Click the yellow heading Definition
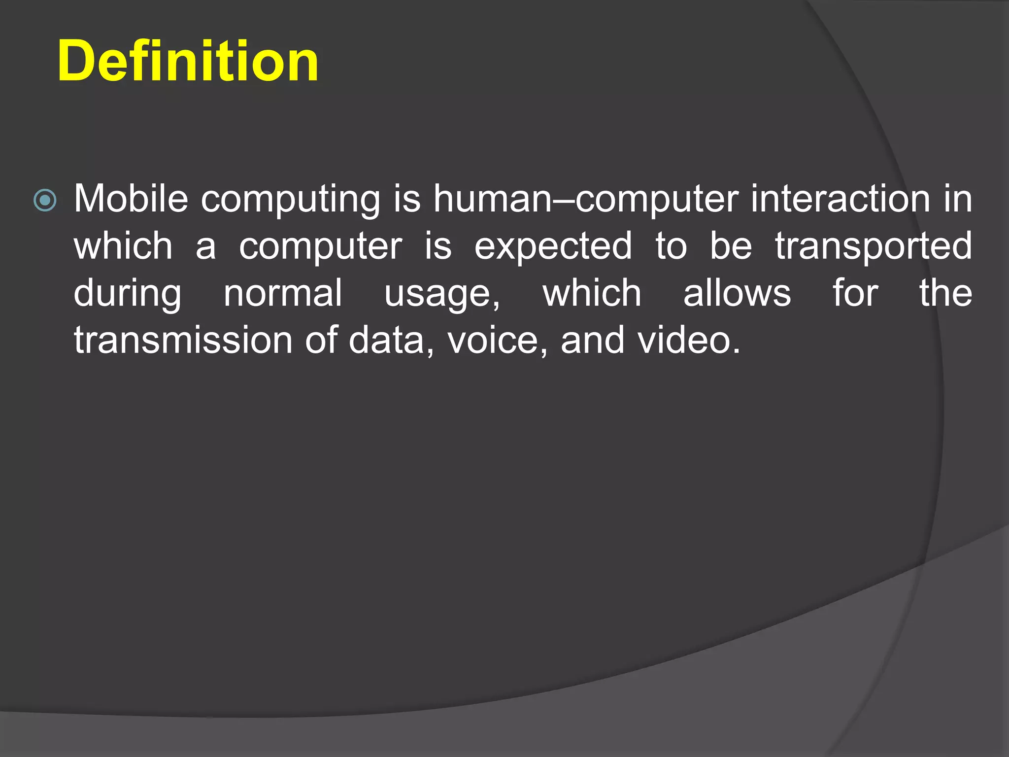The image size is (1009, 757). click(x=188, y=61)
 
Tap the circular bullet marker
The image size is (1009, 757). click(x=45, y=201)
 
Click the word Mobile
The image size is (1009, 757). click(x=131, y=199)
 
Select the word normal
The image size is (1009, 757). click(x=283, y=293)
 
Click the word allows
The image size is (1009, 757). click(x=737, y=293)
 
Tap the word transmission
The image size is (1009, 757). click(x=183, y=341)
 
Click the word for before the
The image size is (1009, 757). click(x=855, y=293)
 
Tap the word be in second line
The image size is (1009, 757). click(x=731, y=246)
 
